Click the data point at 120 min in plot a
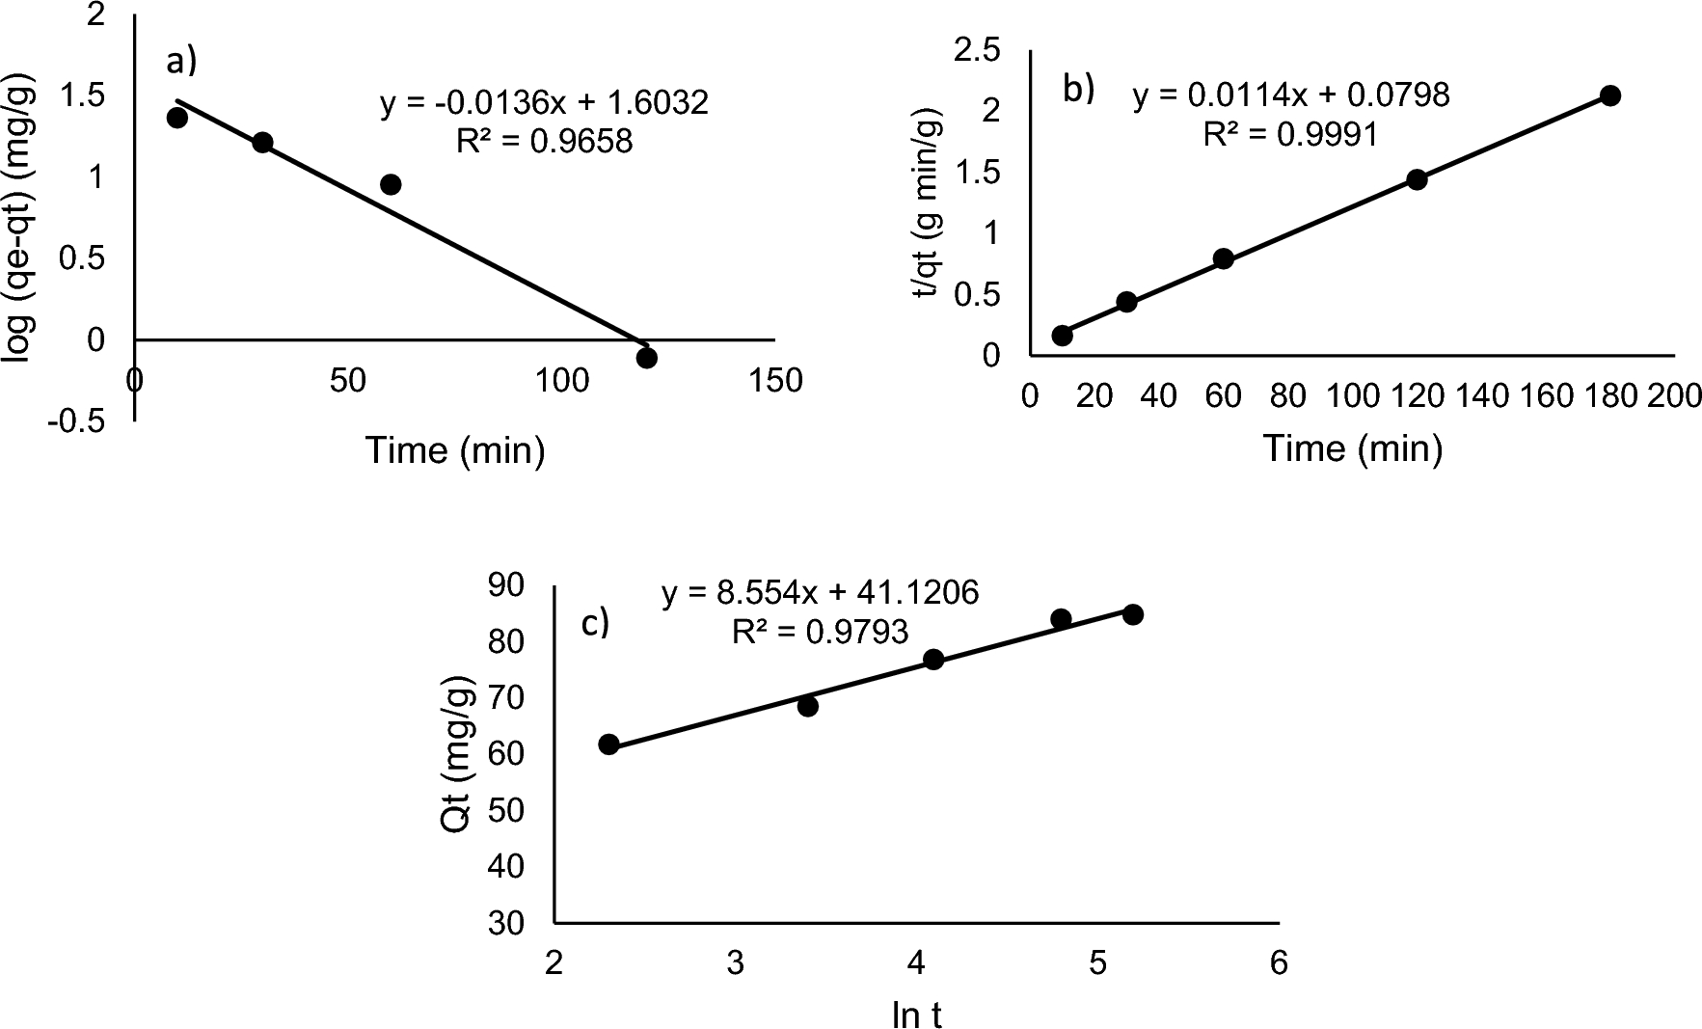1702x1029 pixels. click(647, 358)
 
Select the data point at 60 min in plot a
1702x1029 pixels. click(391, 184)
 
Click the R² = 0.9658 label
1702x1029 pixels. click(545, 142)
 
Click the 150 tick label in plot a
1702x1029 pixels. click(774, 381)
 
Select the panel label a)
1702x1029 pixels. click(181, 61)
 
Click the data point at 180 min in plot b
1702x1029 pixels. click(1609, 95)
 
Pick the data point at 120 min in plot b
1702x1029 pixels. click(1417, 178)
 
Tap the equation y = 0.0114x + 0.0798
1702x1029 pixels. click(1290, 95)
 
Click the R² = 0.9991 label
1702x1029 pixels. click(1290, 134)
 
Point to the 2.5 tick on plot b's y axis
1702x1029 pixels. click(979, 51)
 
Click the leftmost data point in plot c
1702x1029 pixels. click(608, 745)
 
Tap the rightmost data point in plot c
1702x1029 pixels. click(1133, 614)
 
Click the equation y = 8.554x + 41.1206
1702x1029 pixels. click(820, 592)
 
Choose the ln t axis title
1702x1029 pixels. click(916, 1015)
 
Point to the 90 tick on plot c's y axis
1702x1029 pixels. click(505, 584)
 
